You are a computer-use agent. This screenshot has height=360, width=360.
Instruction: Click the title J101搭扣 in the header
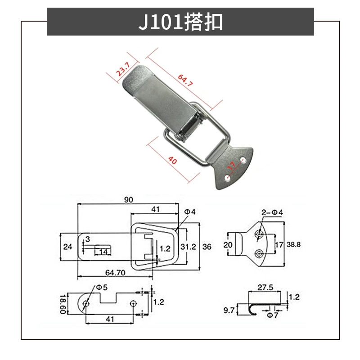tap(180, 22)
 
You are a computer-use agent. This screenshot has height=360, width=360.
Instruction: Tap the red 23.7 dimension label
tap(123, 69)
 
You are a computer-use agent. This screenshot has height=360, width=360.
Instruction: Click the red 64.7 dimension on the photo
tap(185, 80)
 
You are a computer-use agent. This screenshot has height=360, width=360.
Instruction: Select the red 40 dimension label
tap(172, 160)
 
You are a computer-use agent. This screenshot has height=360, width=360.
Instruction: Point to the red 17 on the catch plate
tap(231, 166)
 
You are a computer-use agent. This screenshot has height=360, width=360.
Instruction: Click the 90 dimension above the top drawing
tap(129, 200)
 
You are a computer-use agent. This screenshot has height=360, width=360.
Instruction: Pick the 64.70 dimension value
tap(115, 273)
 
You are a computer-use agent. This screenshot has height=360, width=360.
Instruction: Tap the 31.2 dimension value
tap(188, 247)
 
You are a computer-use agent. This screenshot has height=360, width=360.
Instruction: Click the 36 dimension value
tap(207, 247)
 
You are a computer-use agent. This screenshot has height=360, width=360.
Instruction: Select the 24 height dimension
tap(68, 247)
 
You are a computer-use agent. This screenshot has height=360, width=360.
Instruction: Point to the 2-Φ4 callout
tap(272, 212)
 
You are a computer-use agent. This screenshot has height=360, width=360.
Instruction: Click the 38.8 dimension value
tap(293, 244)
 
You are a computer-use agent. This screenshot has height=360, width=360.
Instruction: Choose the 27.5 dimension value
tap(265, 287)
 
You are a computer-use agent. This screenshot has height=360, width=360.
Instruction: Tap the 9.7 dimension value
tap(229, 310)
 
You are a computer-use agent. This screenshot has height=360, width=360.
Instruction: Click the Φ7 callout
tap(273, 315)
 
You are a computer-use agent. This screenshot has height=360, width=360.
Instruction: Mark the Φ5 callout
tap(102, 287)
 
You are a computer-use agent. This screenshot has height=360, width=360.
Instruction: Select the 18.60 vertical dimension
tap(63, 304)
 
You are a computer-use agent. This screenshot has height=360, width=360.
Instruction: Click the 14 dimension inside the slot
tap(103, 252)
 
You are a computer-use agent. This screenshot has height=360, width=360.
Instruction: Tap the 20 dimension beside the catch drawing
tap(228, 245)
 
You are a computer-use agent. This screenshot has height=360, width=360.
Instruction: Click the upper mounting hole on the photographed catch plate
tap(243, 159)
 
